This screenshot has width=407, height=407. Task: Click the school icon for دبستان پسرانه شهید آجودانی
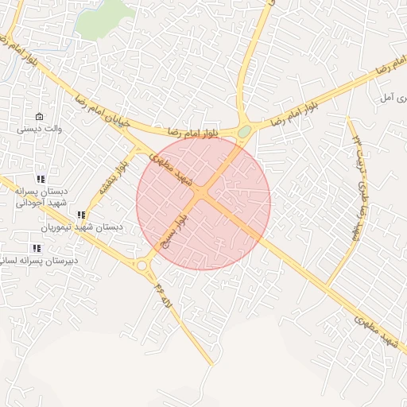point(41,180)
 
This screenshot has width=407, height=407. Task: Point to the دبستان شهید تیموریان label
point(83,227)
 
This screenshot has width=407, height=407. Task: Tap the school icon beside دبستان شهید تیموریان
point(81,215)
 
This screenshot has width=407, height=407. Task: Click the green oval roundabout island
point(245,132)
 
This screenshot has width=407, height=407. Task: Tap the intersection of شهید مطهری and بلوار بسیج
point(203,193)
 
